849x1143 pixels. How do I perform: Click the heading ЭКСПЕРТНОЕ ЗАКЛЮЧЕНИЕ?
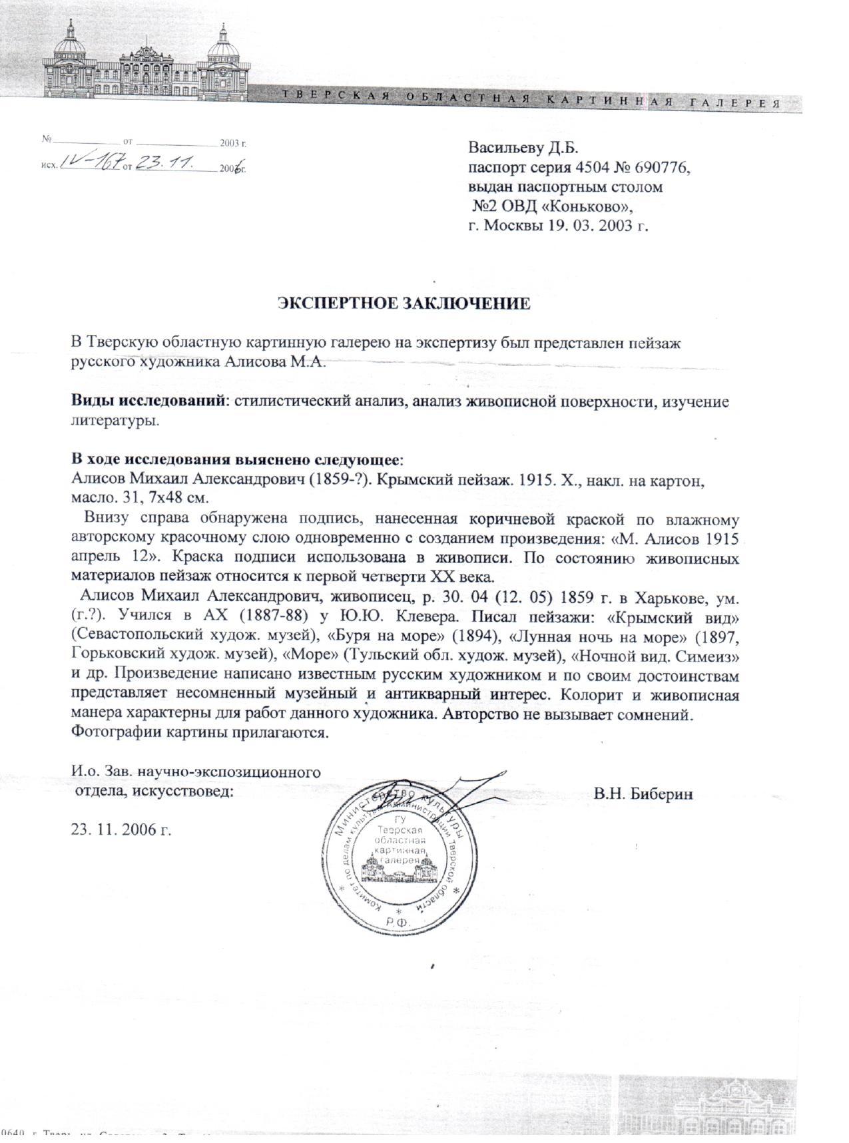pyautogui.click(x=404, y=304)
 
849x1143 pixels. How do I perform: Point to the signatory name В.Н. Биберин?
pyautogui.click(x=644, y=794)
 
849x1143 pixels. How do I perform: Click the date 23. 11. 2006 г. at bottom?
pyautogui.click(x=121, y=829)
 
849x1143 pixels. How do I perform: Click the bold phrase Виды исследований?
pyautogui.click(x=146, y=402)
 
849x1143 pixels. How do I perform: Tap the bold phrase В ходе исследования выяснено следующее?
pyautogui.click(x=237, y=460)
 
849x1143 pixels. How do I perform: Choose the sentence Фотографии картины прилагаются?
pyautogui.click(x=200, y=734)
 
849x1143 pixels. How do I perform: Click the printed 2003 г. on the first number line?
pyautogui.click(x=234, y=142)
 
